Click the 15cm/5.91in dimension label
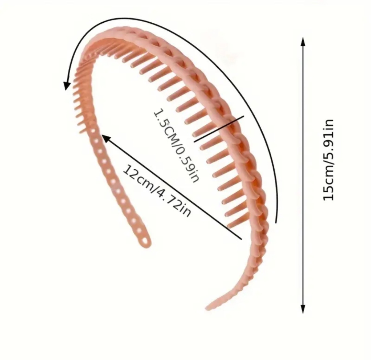click(x=329, y=160)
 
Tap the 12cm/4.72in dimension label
click(x=156, y=191)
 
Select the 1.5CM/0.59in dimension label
click(x=176, y=146)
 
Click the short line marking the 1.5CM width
click(x=219, y=129)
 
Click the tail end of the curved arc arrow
click(x=276, y=222)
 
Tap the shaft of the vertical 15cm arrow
click(x=303, y=240)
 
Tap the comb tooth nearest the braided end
click(x=237, y=222)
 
